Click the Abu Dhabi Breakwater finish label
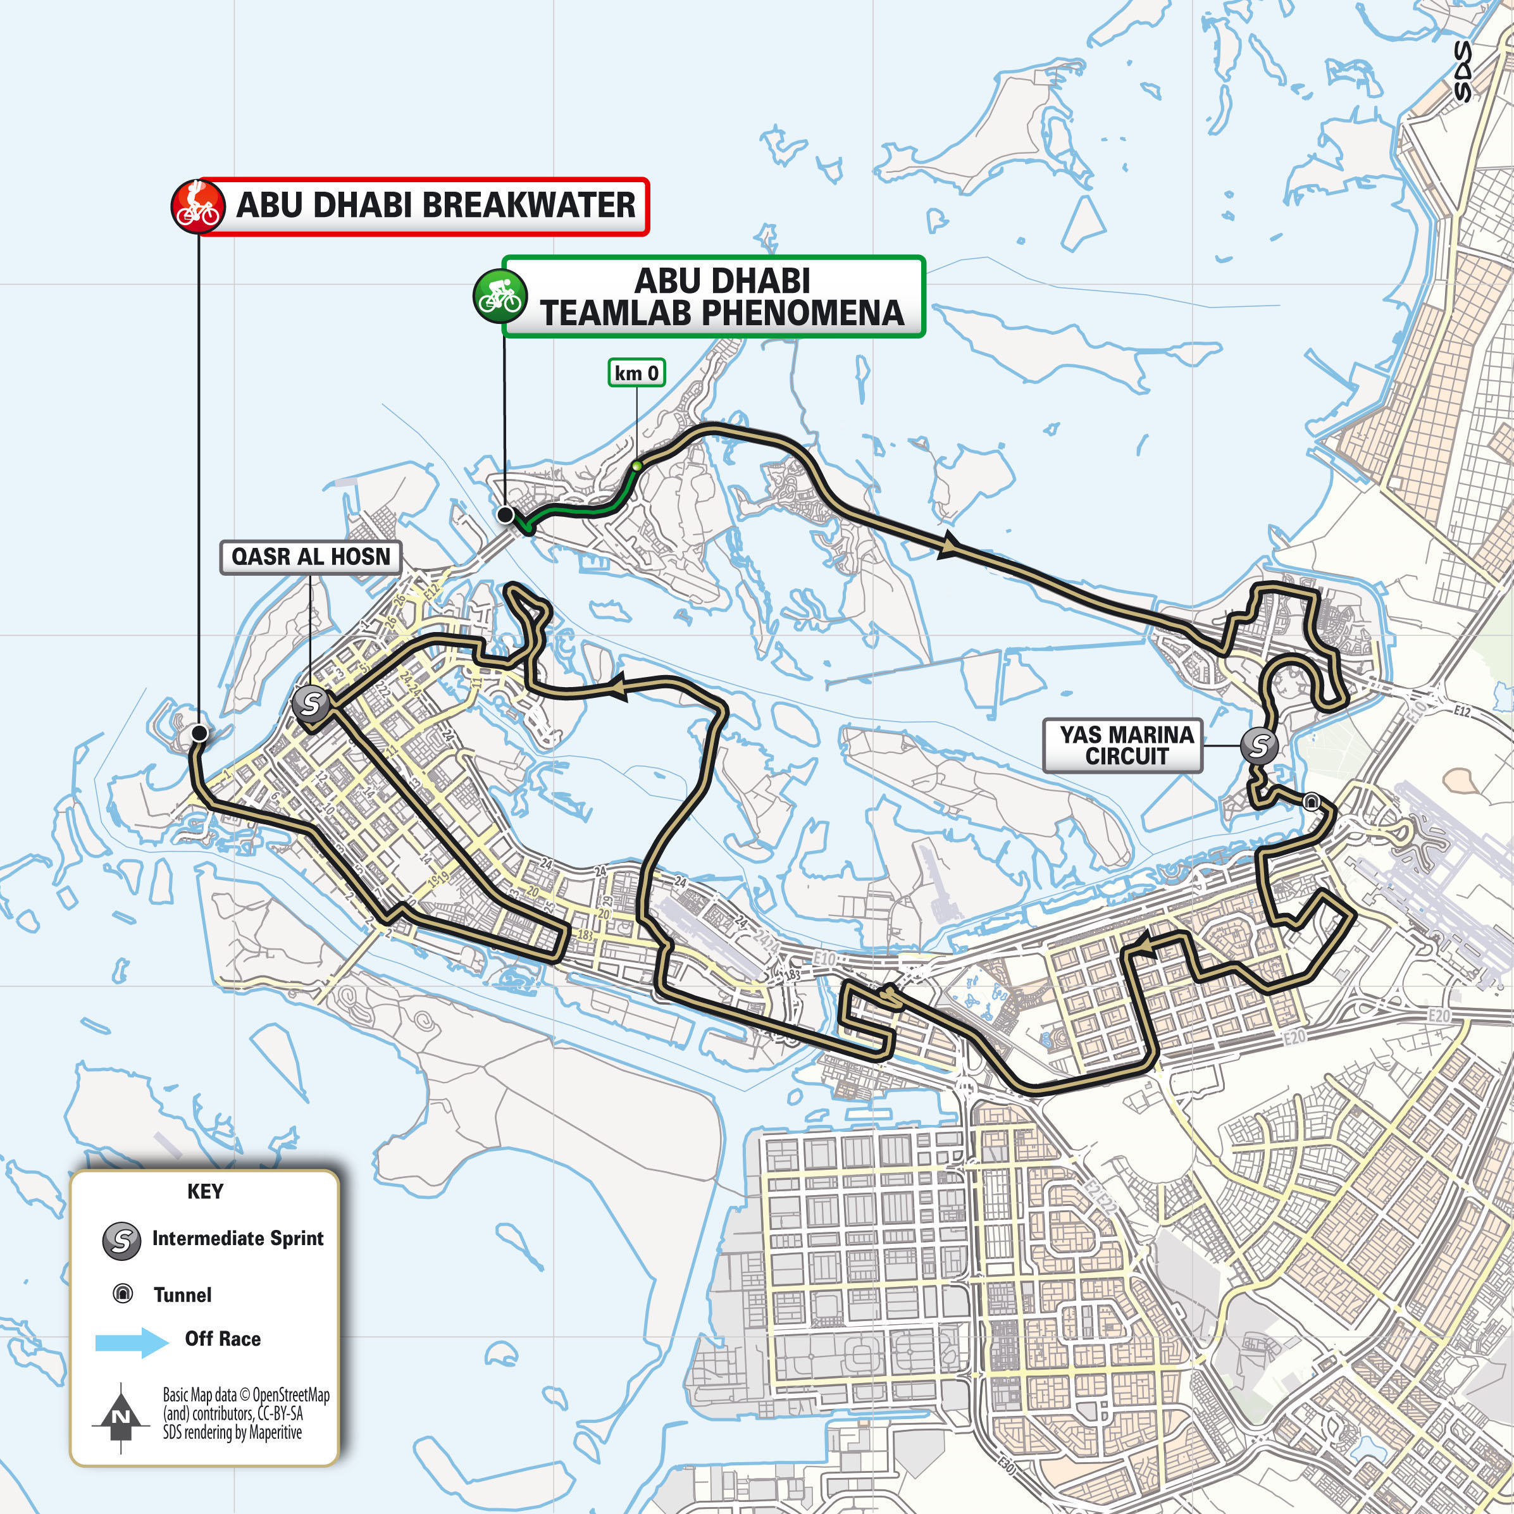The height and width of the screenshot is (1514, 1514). click(x=436, y=206)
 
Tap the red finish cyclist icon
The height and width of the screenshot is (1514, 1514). click(x=196, y=206)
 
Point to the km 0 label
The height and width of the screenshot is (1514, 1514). click(x=636, y=373)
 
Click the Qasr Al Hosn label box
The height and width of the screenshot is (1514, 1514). click(x=310, y=557)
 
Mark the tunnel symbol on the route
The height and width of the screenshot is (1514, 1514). click(x=1311, y=801)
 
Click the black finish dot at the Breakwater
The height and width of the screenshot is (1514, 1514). click(x=200, y=733)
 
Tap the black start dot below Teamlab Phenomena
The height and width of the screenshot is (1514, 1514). click(x=506, y=515)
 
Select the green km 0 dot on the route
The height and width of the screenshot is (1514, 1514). click(x=637, y=466)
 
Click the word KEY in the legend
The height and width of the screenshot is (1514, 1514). click(x=206, y=1191)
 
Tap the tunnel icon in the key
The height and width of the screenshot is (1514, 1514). click(x=123, y=1294)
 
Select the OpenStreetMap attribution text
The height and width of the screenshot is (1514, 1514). click(x=245, y=1413)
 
